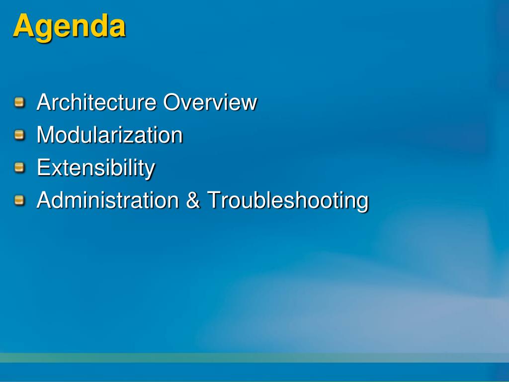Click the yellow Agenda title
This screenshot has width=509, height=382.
pyautogui.click(x=69, y=27)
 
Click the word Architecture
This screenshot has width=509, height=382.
pyautogui.click(x=96, y=102)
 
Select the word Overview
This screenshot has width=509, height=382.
pyautogui.click(x=210, y=102)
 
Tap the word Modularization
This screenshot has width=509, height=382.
pyautogui.click(x=110, y=134)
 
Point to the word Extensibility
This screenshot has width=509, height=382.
pyautogui.click(x=96, y=169)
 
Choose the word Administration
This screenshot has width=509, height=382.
pyautogui.click(x=108, y=199)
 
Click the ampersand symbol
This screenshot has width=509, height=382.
pyautogui.click(x=193, y=199)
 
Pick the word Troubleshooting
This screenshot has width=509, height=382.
pyautogui.click(x=288, y=201)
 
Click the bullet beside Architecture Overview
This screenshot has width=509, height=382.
pyautogui.click(x=19, y=102)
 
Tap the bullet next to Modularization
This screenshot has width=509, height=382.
pyautogui.click(x=19, y=135)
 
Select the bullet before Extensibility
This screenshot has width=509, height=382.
pyautogui.click(x=19, y=167)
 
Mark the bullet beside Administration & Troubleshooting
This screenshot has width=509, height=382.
pyautogui.click(x=19, y=200)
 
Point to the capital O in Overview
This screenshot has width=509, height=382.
pyautogui.click(x=172, y=102)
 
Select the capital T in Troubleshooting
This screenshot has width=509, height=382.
pyautogui.click(x=215, y=199)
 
